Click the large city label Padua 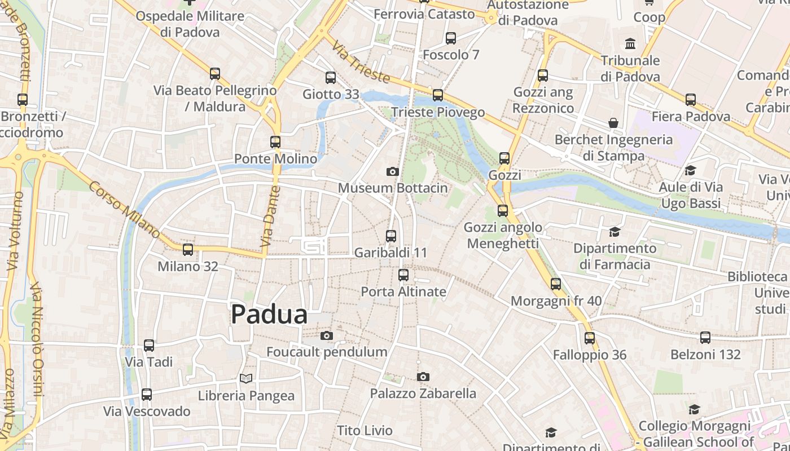click(269, 315)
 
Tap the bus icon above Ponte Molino click(275, 142)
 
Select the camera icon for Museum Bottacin click(393, 171)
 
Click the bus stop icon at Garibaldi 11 click(391, 236)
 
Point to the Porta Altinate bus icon click(403, 275)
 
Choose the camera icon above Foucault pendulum click(326, 336)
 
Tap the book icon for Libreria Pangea click(245, 379)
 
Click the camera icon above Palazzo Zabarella click(423, 377)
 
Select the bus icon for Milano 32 click(188, 250)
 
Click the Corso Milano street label click(124, 209)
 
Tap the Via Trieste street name click(361, 61)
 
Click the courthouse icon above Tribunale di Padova click(630, 43)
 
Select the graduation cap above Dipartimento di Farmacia click(615, 232)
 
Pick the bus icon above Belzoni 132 click(705, 338)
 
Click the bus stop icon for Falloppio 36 click(590, 338)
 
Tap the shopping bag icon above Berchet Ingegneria click(613, 123)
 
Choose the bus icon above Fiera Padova click(691, 100)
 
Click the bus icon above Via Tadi click(149, 346)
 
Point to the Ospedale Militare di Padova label click(190, 24)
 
